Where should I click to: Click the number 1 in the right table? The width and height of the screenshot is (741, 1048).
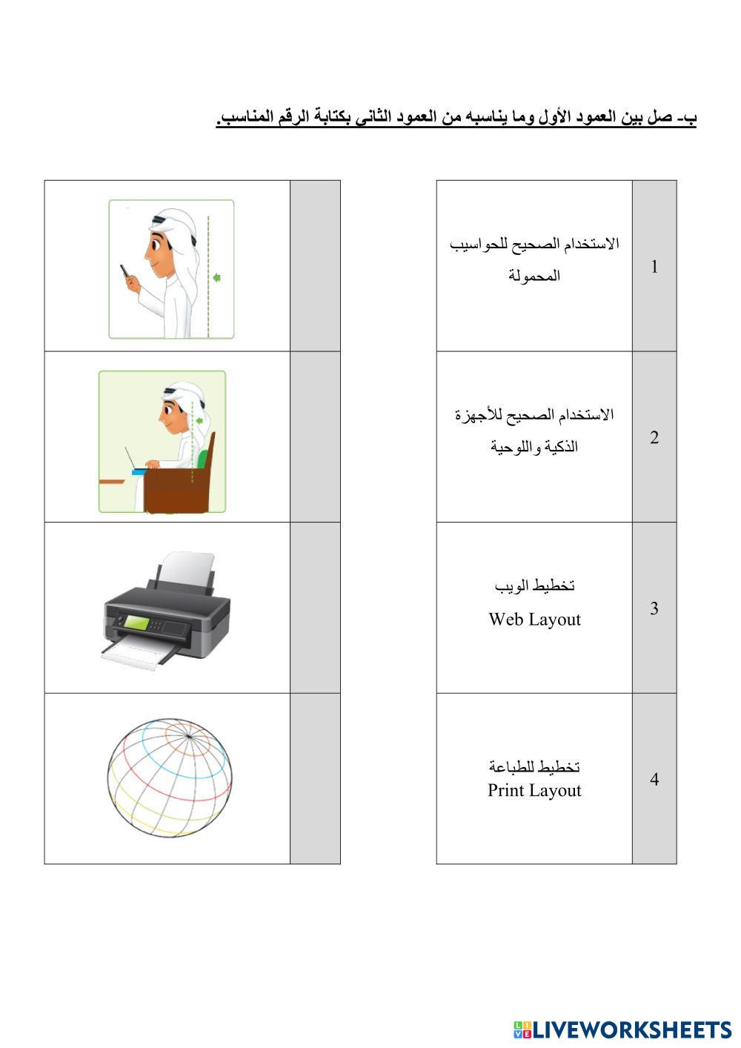[654, 266]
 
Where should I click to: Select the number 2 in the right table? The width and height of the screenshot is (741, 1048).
[654, 437]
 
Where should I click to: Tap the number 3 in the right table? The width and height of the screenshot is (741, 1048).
[654, 608]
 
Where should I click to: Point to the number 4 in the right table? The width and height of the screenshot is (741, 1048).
[654, 778]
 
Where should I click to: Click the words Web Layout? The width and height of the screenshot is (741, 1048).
[534, 620]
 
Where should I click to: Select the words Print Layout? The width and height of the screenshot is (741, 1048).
[534, 790]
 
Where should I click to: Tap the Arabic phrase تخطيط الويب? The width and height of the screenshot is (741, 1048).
[534, 586]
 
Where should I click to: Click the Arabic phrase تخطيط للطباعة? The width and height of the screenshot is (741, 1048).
[534, 766]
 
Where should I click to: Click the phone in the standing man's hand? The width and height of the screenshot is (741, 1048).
[125, 271]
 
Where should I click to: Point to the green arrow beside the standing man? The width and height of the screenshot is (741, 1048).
[216, 278]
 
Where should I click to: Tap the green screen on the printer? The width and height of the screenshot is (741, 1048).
[136, 623]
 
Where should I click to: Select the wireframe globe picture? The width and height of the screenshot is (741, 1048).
[170, 778]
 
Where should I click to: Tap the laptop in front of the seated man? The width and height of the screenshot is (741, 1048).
[134, 463]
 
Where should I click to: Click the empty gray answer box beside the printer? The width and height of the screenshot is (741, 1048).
[315, 608]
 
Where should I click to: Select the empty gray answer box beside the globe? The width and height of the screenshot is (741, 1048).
[315, 778]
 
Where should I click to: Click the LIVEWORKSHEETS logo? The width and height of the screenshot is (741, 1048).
[622, 1030]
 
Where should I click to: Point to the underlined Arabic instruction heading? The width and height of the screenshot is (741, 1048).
[456, 117]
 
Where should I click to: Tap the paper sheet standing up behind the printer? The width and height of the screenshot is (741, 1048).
[187, 571]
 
